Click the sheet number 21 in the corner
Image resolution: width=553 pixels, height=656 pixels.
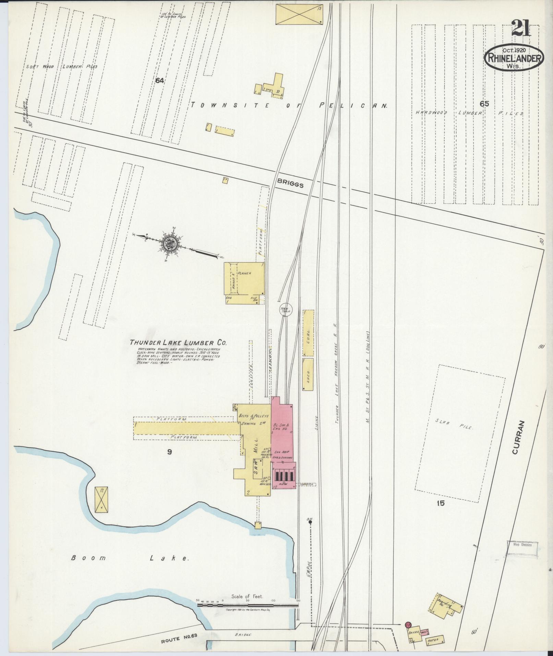pos(521,28)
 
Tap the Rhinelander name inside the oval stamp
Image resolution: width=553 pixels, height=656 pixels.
pos(513,58)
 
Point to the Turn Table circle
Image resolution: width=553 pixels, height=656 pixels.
pos(285,310)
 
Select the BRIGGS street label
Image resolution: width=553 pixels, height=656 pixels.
pos(291,184)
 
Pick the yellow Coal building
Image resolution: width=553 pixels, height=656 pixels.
pos(309,333)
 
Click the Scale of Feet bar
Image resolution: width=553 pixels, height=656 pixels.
pos(248,606)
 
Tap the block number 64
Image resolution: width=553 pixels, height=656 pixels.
pos(159,81)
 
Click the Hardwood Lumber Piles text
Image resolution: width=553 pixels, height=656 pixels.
pos(470,113)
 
